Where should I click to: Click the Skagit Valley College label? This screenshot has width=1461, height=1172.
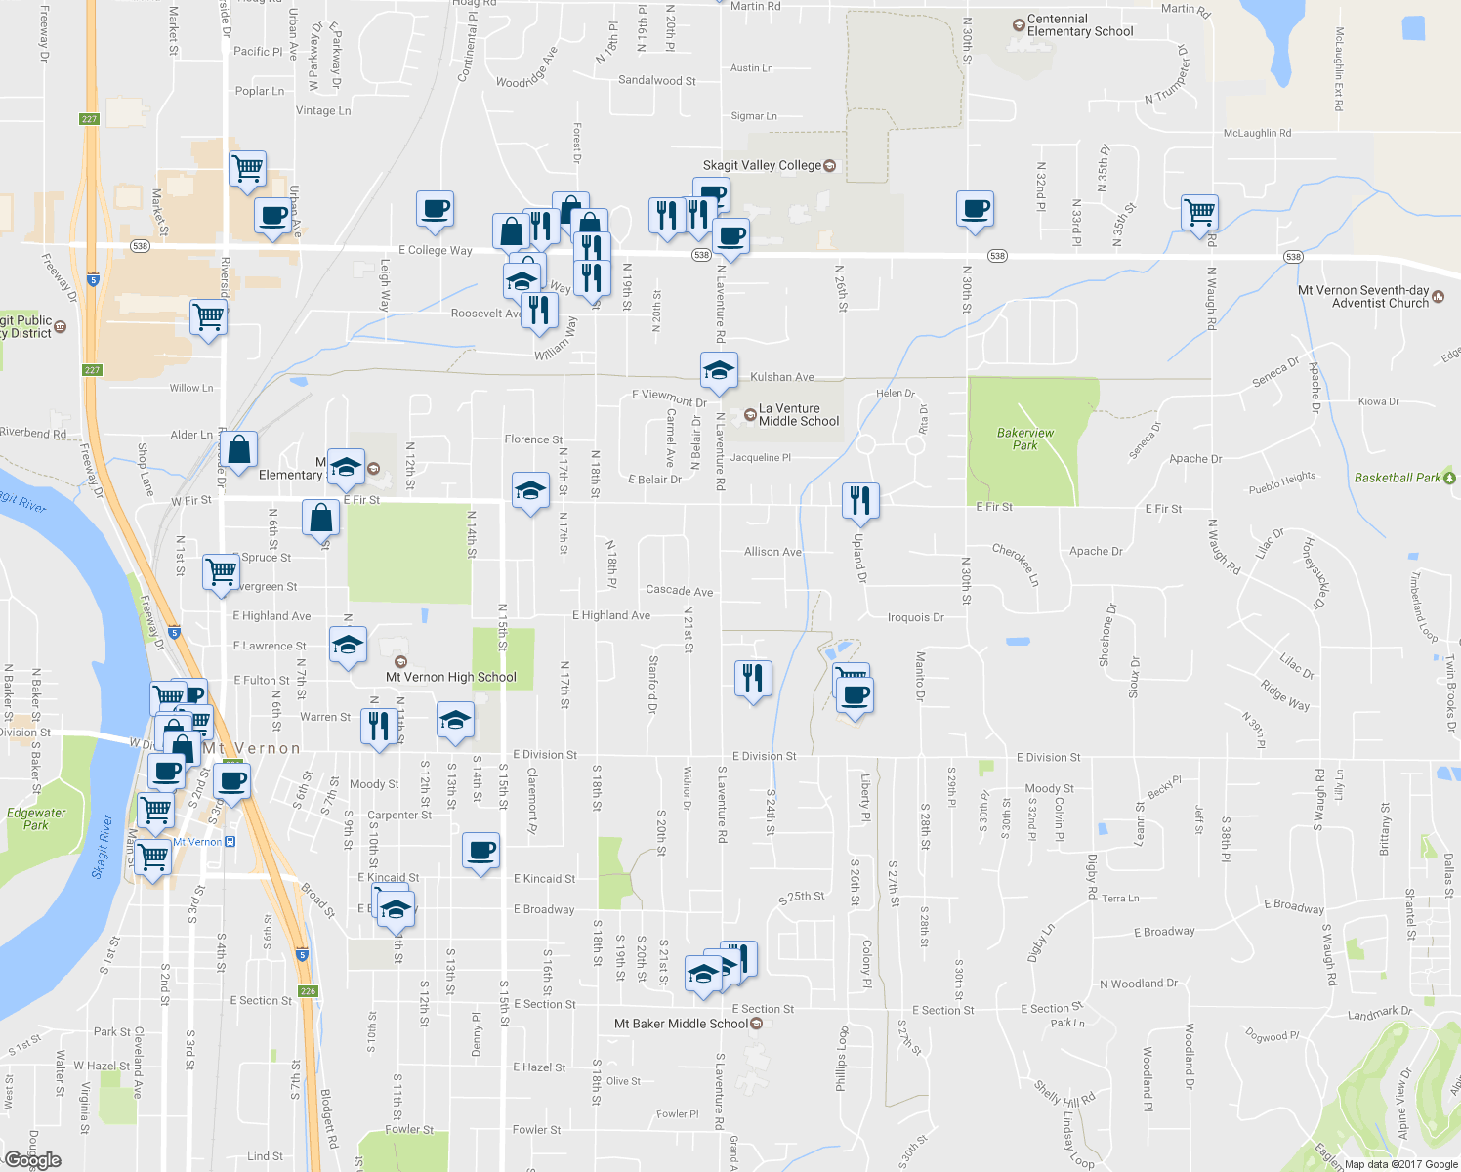(x=762, y=166)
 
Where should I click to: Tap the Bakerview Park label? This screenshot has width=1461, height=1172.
(x=1024, y=439)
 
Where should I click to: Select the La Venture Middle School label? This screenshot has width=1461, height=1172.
(x=798, y=415)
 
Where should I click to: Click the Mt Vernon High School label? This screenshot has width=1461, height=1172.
(x=450, y=677)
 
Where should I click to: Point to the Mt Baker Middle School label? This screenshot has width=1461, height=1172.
(x=681, y=1024)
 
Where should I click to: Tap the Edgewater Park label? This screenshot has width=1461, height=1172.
(x=36, y=818)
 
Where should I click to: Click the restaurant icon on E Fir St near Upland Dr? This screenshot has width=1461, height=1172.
(x=859, y=500)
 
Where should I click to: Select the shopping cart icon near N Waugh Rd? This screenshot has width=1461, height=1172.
(x=1198, y=211)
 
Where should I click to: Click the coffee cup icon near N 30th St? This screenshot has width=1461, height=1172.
(x=974, y=208)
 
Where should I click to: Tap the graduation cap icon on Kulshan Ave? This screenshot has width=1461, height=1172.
(x=719, y=370)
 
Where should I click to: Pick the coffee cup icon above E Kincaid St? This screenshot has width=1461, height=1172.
(x=480, y=851)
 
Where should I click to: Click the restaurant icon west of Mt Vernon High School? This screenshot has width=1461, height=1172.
(x=376, y=726)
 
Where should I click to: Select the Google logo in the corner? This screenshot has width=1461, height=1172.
(x=32, y=1160)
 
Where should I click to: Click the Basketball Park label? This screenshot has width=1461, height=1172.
(x=1397, y=478)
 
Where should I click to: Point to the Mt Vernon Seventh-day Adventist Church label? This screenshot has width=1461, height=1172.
(x=1363, y=297)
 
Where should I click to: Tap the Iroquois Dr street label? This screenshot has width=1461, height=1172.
(x=915, y=617)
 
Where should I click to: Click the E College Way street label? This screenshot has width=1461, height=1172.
(x=435, y=250)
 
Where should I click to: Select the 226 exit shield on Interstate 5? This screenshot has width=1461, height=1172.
(x=309, y=991)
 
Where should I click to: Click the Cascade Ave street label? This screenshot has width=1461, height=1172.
(x=679, y=591)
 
